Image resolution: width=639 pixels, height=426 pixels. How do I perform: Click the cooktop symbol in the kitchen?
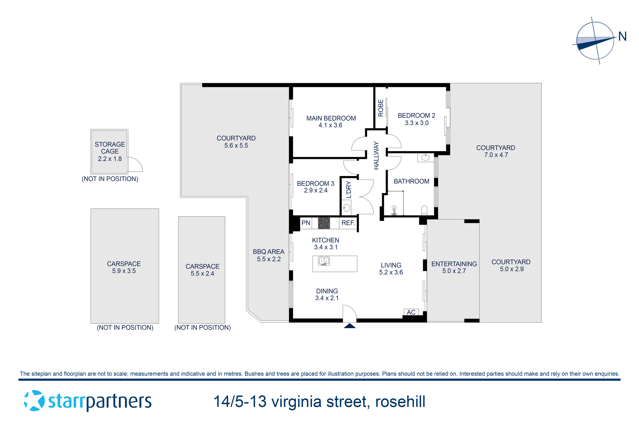pyautogui.click(x=324, y=223)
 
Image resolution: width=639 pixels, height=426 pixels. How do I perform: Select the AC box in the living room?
pyautogui.click(x=411, y=312)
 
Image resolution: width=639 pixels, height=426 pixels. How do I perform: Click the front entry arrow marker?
pyautogui.click(x=350, y=326)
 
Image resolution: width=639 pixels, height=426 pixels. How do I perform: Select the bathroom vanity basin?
pyautogui.click(x=425, y=158)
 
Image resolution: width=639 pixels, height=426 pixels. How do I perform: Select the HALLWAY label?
pyautogui.click(x=376, y=155)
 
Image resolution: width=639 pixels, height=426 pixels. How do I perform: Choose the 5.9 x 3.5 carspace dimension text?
pyautogui.click(x=124, y=271)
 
